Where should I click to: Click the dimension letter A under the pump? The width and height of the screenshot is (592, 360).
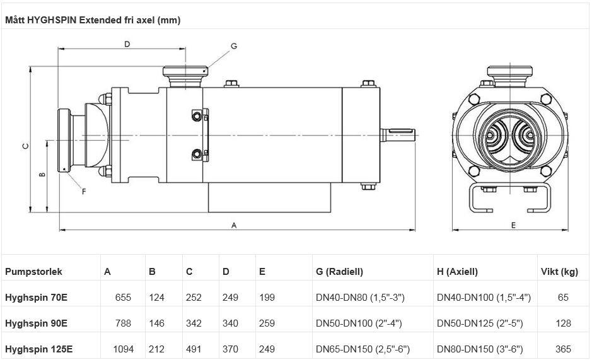pyautogui.click(x=235, y=224)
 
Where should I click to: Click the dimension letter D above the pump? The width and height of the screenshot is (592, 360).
pyautogui.click(x=127, y=44)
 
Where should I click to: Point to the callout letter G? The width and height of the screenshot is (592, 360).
pyautogui.click(x=233, y=46)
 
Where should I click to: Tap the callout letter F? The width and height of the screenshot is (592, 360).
pyautogui.click(x=84, y=192)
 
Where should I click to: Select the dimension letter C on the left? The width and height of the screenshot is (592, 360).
pyautogui.click(x=25, y=146)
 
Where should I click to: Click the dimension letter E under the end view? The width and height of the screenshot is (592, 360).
pyautogui.click(x=513, y=224)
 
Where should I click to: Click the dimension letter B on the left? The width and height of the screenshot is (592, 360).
pyautogui.click(x=42, y=175)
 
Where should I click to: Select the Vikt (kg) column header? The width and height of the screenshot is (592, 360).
pyautogui.click(x=559, y=272)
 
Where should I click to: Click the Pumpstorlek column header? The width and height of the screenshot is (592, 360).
pyautogui.click(x=33, y=272)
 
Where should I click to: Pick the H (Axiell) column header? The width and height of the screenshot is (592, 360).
pyautogui.click(x=457, y=272)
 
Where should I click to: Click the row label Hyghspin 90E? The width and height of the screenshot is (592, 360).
pyautogui.click(x=36, y=323)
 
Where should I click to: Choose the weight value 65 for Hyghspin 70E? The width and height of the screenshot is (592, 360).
pyautogui.click(x=563, y=298)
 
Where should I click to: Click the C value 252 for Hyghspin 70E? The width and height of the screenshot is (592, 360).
pyautogui.click(x=194, y=298)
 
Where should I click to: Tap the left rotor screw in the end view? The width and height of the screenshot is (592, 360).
pyautogui.click(x=496, y=135)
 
